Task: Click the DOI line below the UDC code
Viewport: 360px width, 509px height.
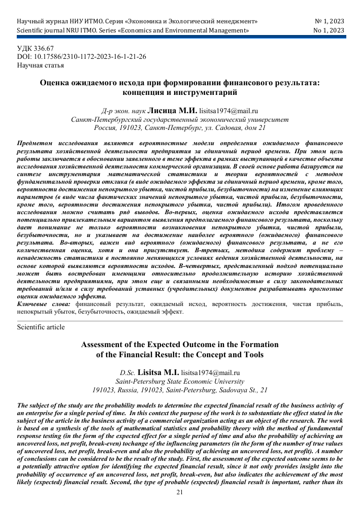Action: (81, 57)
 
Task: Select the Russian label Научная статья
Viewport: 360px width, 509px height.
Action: (41, 65)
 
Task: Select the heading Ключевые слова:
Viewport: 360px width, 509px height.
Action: (44, 304)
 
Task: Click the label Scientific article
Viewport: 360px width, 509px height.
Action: (41, 327)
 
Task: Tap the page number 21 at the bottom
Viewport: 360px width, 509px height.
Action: (179, 492)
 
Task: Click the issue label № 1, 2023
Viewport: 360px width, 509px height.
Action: (329, 22)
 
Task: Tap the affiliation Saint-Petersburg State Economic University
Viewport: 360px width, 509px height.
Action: (180, 381)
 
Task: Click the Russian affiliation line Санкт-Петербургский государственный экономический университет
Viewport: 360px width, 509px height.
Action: (180, 119)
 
